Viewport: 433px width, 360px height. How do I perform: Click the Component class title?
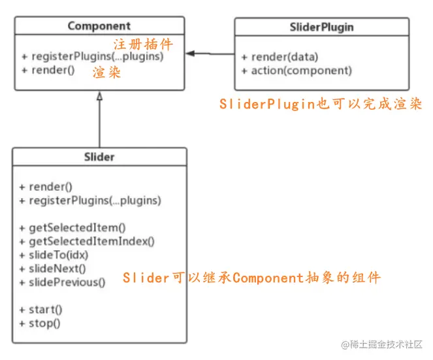click(x=99, y=26)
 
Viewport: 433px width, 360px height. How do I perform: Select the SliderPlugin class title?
click(x=321, y=27)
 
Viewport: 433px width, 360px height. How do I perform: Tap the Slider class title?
click(x=99, y=157)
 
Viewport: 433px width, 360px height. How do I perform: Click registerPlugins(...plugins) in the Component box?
click(x=92, y=56)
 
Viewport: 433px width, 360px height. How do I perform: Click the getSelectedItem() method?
click(x=72, y=228)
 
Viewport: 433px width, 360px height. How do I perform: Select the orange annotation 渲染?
click(x=106, y=72)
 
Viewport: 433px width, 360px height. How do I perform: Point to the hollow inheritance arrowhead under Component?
click(x=99, y=95)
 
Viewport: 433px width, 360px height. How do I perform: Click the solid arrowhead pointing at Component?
click(x=190, y=54)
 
